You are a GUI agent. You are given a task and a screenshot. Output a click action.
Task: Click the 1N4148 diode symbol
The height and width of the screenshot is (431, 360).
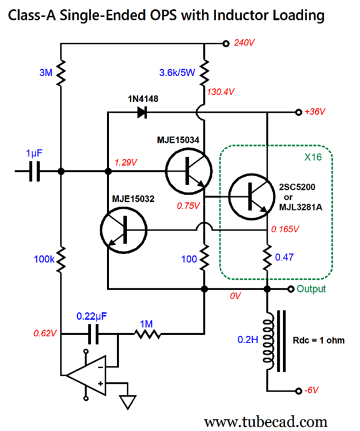pos(141,113)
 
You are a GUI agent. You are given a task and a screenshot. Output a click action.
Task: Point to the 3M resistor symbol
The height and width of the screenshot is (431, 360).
pos(61,74)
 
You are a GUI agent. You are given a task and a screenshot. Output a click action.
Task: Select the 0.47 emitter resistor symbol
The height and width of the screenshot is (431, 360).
pos(267,256)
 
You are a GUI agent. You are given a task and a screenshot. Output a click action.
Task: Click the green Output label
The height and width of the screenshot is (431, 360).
pos(311,289)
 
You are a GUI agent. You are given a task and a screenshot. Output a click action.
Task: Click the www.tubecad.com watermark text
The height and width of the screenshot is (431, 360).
pos(266,421)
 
